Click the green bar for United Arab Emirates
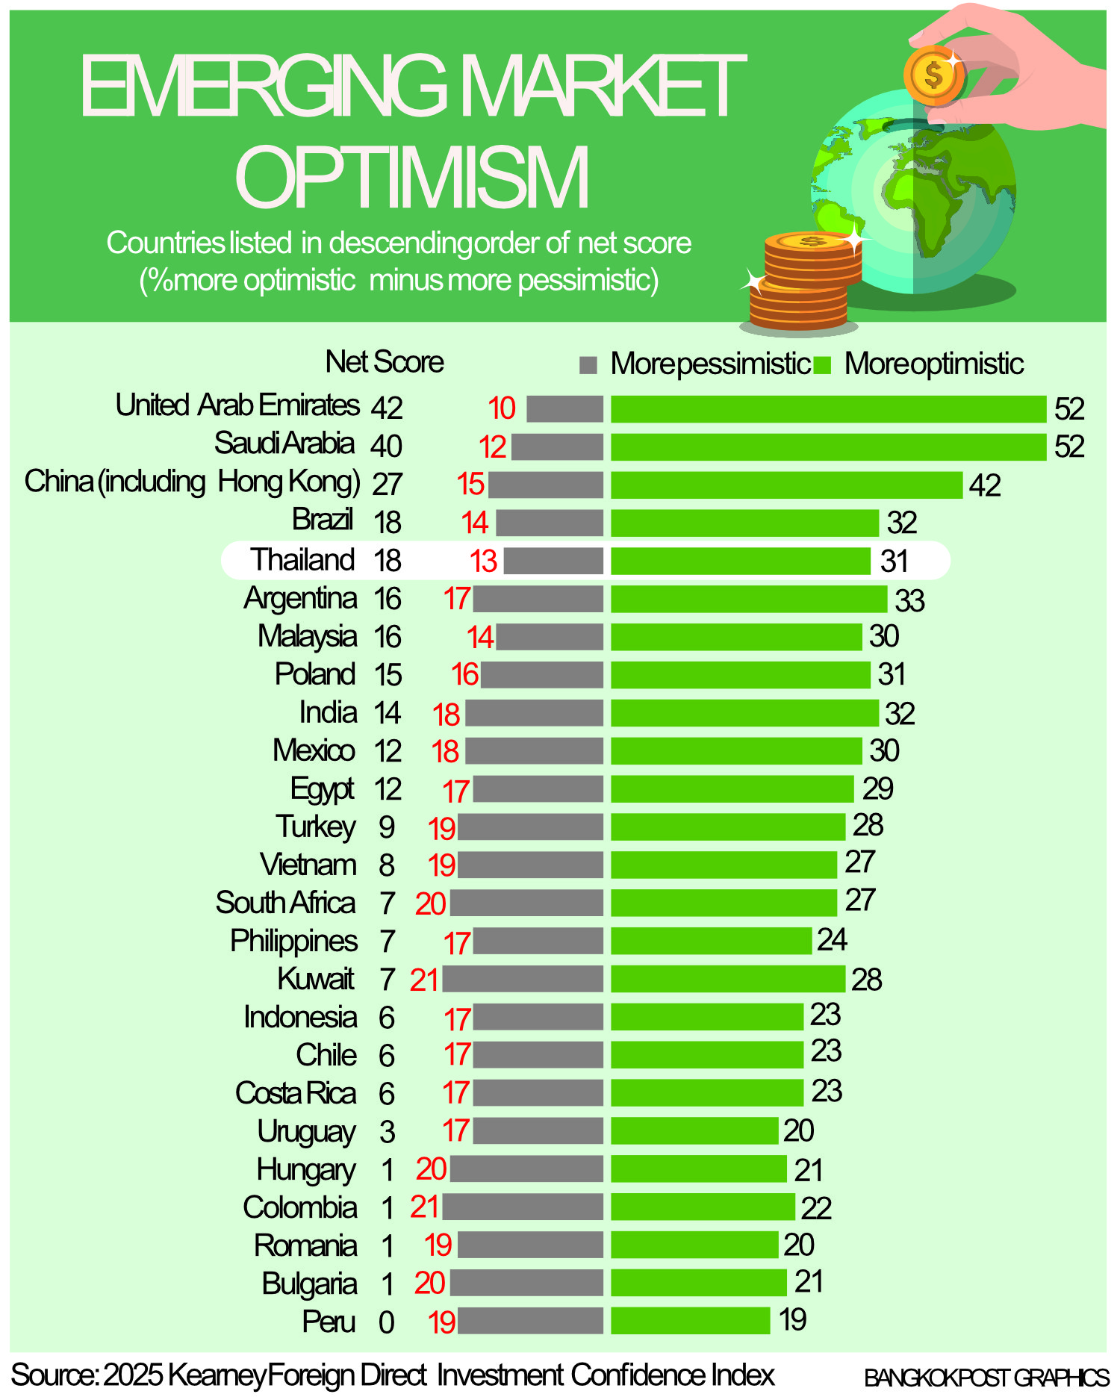828,409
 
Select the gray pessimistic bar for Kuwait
523,979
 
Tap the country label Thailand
302,560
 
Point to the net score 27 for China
387,484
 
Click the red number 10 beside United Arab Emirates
502,408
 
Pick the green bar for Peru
690,1320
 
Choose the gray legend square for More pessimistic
588,364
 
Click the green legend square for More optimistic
822,364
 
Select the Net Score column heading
385,362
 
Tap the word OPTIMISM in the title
412,176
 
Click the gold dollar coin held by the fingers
933,75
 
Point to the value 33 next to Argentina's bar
909,600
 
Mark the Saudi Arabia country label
284,444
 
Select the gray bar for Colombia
523,1207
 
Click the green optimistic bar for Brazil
744,523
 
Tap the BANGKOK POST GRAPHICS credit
986,1378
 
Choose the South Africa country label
285,903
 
